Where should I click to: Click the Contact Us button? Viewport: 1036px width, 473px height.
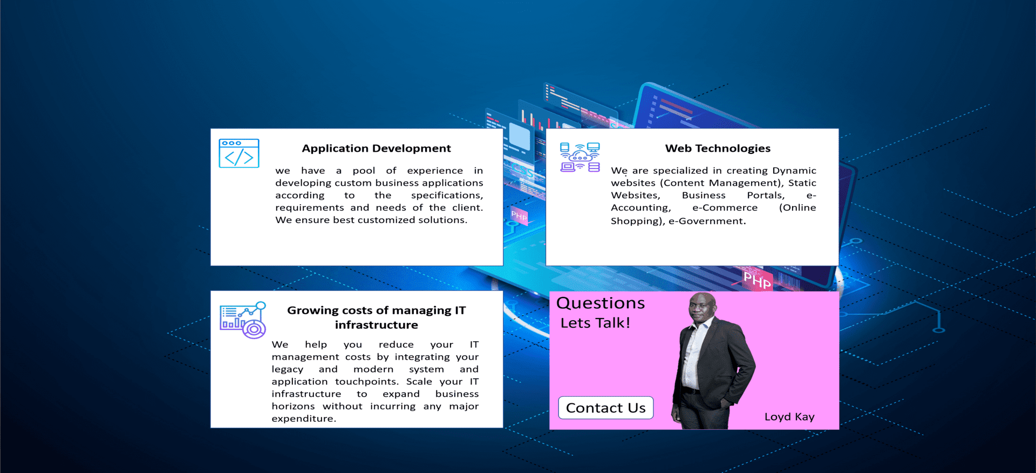tap(605, 408)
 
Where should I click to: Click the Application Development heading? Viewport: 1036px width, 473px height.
tap(376, 148)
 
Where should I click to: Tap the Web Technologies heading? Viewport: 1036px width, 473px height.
tap(718, 148)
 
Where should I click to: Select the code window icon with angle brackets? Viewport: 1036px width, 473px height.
tap(239, 153)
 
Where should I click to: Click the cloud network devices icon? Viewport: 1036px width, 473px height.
tap(580, 157)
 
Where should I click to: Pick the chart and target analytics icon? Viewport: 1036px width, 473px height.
tap(243, 320)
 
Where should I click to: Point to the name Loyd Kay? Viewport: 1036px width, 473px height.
tap(789, 417)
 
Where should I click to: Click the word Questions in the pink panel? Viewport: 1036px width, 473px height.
tap(601, 303)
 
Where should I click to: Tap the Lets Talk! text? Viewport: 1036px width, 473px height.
tap(595, 323)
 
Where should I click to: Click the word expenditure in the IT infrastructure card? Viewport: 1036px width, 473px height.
tap(304, 419)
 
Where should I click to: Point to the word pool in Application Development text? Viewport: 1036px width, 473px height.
tap(364, 171)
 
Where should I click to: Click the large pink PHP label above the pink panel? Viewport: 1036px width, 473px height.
tap(757, 280)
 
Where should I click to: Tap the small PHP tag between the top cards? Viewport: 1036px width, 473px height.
tap(519, 216)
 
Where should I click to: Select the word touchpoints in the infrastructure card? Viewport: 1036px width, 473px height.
tap(366, 382)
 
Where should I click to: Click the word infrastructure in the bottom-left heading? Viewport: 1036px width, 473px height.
tap(376, 325)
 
